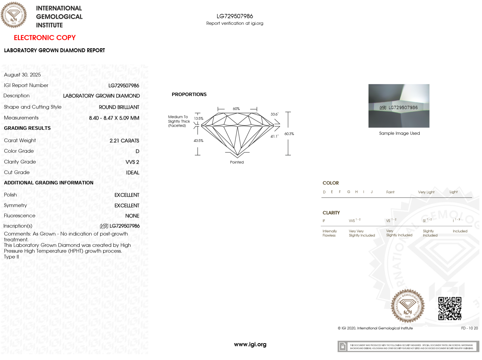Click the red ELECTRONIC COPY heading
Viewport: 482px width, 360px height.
coord(45,38)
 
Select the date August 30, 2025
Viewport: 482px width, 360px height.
coord(22,75)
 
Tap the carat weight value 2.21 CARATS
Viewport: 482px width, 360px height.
coord(124,141)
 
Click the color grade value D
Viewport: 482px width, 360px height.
coord(137,151)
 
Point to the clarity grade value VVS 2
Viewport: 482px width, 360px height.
coord(132,162)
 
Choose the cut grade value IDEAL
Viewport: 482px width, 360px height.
coord(133,173)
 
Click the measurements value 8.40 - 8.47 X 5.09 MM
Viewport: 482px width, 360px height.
coord(114,118)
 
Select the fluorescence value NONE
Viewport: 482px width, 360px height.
coord(132,216)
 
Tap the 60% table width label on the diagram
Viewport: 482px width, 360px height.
coord(236,109)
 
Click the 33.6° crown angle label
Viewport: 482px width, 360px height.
coord(274,114)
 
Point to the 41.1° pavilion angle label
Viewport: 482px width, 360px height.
coord(274,136)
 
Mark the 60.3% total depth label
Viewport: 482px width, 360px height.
coord(289,134)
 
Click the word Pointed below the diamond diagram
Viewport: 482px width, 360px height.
coord(237,162)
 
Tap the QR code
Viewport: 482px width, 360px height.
coord(450,309)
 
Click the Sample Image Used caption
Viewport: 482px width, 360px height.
coord(399,133)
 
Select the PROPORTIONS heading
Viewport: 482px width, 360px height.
coord(189,94)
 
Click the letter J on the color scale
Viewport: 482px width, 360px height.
coord(372,192)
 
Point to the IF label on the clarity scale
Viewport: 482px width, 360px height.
coord(324,221)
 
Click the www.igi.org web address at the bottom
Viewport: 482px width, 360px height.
coord(250,344)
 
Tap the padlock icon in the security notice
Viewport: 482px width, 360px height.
coord(343,347)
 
